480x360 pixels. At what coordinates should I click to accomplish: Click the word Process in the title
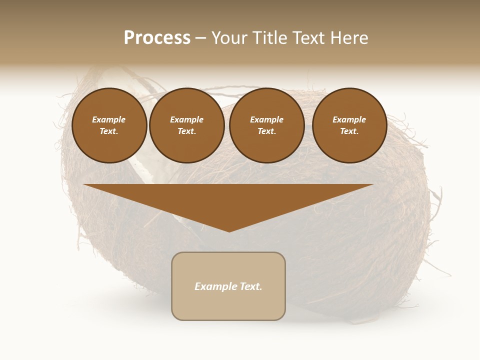(157, 38)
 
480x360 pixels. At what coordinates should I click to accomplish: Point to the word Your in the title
(227, 38)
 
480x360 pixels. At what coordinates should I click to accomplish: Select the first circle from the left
(109, 125)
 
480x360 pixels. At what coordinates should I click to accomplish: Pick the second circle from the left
(187, 125)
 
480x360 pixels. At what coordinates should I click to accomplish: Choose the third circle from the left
(267, 125)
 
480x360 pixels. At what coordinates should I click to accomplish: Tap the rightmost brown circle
(349, 125)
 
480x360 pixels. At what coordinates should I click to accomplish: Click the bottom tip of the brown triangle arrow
(229, 231)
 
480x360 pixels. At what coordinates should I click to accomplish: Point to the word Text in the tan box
(250, 286)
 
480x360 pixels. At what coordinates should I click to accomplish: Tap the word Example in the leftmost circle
(109, 119)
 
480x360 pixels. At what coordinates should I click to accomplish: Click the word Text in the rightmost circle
(349, 131)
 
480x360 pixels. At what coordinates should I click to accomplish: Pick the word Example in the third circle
(266, 119)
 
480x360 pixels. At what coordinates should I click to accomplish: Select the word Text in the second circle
(186, 131)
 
